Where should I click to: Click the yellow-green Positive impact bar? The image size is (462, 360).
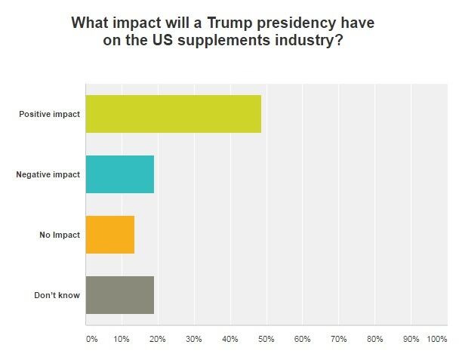[174, 114]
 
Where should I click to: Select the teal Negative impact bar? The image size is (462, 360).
[120, 174]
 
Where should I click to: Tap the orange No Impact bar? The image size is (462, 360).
[110, 235]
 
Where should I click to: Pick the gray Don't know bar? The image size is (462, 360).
[120, 295]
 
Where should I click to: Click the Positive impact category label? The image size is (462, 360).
[50, 115]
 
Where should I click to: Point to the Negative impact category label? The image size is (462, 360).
[48, 175]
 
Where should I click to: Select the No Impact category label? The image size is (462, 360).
[60, 235]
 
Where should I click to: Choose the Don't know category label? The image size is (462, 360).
[57, 296]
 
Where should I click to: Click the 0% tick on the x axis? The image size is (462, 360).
[91, 340]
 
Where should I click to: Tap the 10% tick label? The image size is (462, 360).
[121, 340]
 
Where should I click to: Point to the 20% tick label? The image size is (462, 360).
[157, 340]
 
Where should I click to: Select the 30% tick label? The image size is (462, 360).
[193, 340]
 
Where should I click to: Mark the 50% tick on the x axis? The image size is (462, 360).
[266, 340]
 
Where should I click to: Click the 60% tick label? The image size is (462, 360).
[302, 340]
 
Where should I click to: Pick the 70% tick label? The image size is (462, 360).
[338, 340]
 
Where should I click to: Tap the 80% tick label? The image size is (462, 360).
[374, 340]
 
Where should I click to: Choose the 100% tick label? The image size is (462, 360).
[437, 340]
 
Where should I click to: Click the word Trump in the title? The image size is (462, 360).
[231, 23]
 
